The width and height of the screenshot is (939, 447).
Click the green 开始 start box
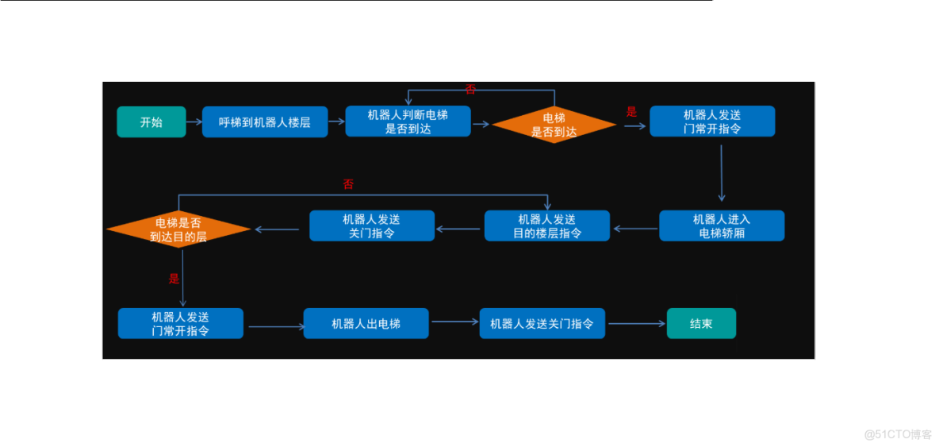pos(151,122)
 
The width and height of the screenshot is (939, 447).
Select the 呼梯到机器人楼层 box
pos(265,122)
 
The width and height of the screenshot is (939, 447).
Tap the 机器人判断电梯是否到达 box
pos(408,121)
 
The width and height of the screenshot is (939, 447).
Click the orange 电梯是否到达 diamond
pos(554,125)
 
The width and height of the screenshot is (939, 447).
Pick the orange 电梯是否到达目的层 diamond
pos(178,229)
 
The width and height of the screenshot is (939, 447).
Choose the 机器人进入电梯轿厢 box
pos(722,226)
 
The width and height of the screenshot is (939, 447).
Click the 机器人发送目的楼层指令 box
pos(547,226)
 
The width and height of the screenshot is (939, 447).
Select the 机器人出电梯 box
pos(366,324)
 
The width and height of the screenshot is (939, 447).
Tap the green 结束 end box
pos(701,324)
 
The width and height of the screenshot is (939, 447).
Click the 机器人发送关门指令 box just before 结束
pos(542,324)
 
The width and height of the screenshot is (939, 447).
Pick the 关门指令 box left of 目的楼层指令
pos(372,226)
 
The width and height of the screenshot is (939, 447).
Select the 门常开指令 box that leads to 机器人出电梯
pos(181,324)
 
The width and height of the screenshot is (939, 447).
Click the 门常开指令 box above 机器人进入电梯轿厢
pos(712,121)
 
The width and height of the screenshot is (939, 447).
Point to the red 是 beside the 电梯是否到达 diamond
pos(631,112)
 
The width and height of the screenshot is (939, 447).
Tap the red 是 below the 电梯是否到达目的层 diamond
pos(174,279)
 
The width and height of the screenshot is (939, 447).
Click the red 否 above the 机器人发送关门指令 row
pos(348,184)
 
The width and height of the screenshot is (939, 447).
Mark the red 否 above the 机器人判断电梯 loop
pos(470,89)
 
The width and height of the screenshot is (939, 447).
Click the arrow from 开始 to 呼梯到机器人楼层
pos(194,122)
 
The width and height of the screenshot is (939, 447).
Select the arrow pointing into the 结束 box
pos(637,324)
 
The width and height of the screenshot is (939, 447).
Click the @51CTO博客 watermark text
pos(898,434)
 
